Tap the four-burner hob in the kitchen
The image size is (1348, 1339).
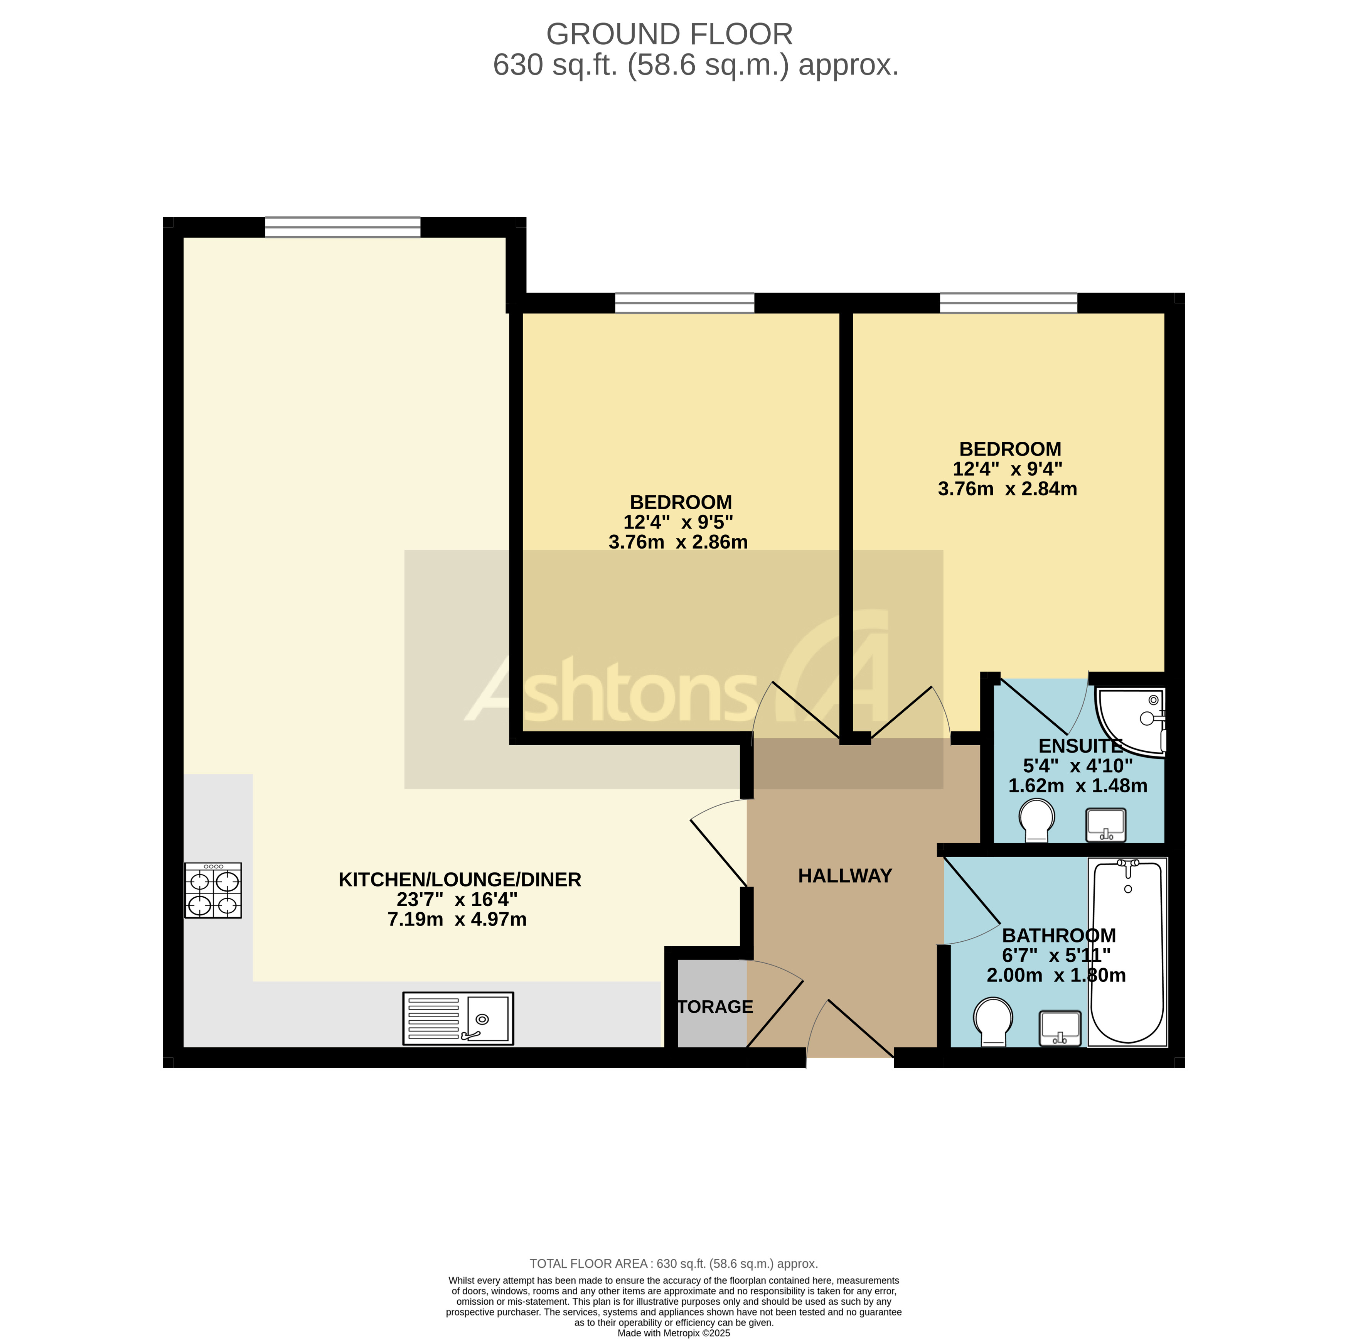coord(213,890)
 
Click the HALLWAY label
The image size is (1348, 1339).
coord(844,875)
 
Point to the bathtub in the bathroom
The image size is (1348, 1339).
coord(1127,953)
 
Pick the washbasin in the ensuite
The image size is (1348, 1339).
coord(1106,824)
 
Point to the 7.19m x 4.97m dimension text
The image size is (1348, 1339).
coord(457,919)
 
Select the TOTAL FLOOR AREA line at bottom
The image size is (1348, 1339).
coord(673,1264)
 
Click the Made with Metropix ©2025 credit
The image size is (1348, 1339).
coord(673,1333)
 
